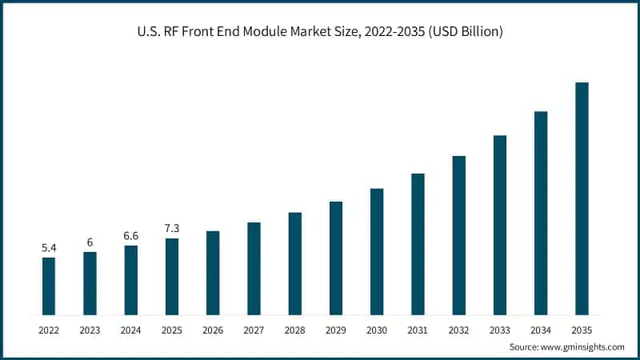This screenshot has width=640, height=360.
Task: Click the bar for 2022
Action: [x=49, y=286]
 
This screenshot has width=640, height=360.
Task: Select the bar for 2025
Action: [x=172, y=276]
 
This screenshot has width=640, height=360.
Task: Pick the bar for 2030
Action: [x=377, y=251]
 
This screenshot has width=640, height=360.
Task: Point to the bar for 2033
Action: [x=500, y=225]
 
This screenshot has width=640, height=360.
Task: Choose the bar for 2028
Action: [x=295, y=263]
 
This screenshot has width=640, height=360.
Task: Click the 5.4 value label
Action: [x=49, y=248]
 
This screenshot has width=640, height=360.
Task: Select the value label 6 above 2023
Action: [x=90, y=242]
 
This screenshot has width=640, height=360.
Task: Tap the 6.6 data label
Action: [x=131, y=236]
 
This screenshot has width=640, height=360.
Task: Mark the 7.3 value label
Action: [x=172, y=229]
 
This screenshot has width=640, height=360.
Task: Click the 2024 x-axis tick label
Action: [x=131, y=329]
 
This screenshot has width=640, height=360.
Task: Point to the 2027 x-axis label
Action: [x=254, y=329]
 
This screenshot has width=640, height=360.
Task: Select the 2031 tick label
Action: [x=418, y=329]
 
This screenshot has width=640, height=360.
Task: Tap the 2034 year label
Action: [x=541, y=329]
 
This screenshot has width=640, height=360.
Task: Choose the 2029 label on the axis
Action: [x=336, y=329]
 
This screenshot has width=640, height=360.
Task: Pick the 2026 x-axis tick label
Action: [x=213, y=329]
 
